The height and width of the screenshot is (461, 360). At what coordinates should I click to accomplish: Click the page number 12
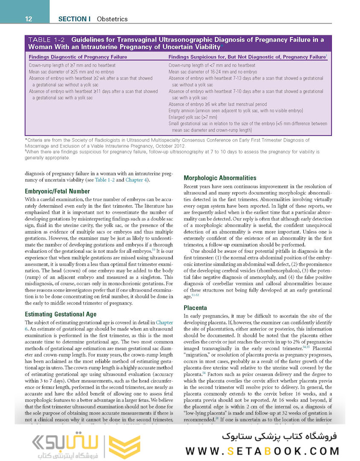[29, 19]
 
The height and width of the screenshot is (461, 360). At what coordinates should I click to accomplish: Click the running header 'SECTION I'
[74, 19]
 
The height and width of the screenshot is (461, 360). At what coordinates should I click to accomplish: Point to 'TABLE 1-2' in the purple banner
[46, 40]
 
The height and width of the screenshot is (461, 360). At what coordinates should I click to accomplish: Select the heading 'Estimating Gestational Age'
[61, 314]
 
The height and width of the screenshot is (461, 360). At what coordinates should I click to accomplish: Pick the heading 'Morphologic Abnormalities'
[220, 178]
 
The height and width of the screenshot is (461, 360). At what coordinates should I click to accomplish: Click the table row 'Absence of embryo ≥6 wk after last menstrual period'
[218, 104]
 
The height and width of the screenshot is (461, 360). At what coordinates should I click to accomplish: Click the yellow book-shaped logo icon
[125, 446]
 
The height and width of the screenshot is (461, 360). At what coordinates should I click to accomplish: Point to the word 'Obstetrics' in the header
[112, 19]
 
